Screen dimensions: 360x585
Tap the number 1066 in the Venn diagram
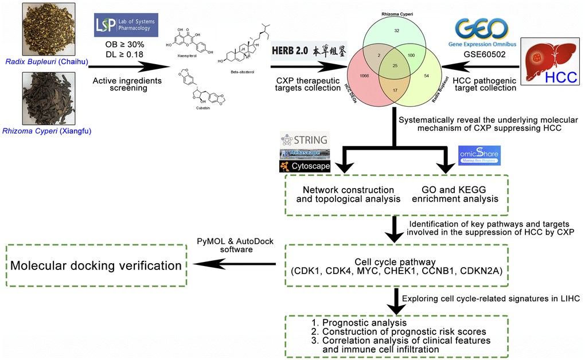(x=364, y=75)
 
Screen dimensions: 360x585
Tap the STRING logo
(x=303, y=139)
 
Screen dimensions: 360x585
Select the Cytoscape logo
(x=303, y=166)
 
